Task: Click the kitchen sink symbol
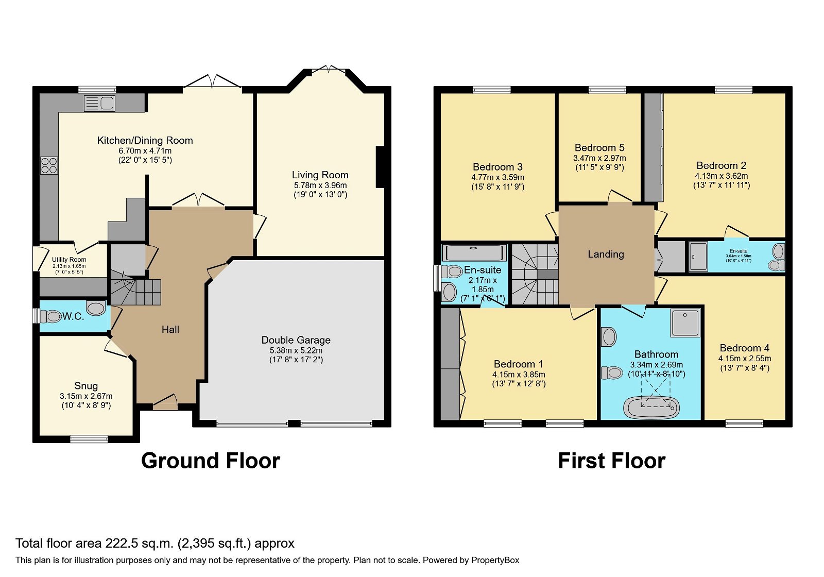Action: (x=100, y=103)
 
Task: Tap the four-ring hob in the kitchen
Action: (x=49, y=166)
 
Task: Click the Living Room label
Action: (x=320, y=175)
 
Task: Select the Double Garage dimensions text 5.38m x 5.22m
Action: (x=296, y=350)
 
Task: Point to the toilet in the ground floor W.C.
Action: (x=50, y=316)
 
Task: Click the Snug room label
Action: (x=86, y=386)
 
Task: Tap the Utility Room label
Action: (x=69, y=260)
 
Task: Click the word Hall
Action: (x=170, y=330)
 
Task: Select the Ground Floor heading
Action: (x=210, y=461)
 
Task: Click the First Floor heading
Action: (x=611, y=461)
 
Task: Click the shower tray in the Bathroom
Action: (x=685, y=323)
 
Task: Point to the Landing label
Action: (x=606, y=254)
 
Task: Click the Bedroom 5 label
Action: (x=599, y=148)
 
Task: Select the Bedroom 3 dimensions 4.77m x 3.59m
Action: (x=497, y=177)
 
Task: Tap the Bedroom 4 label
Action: (x=744, y=348)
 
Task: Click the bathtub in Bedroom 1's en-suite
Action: (x=474, y=253)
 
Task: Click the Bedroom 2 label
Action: (x=721, y=165)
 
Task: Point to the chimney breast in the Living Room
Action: (x=380, y=167)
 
